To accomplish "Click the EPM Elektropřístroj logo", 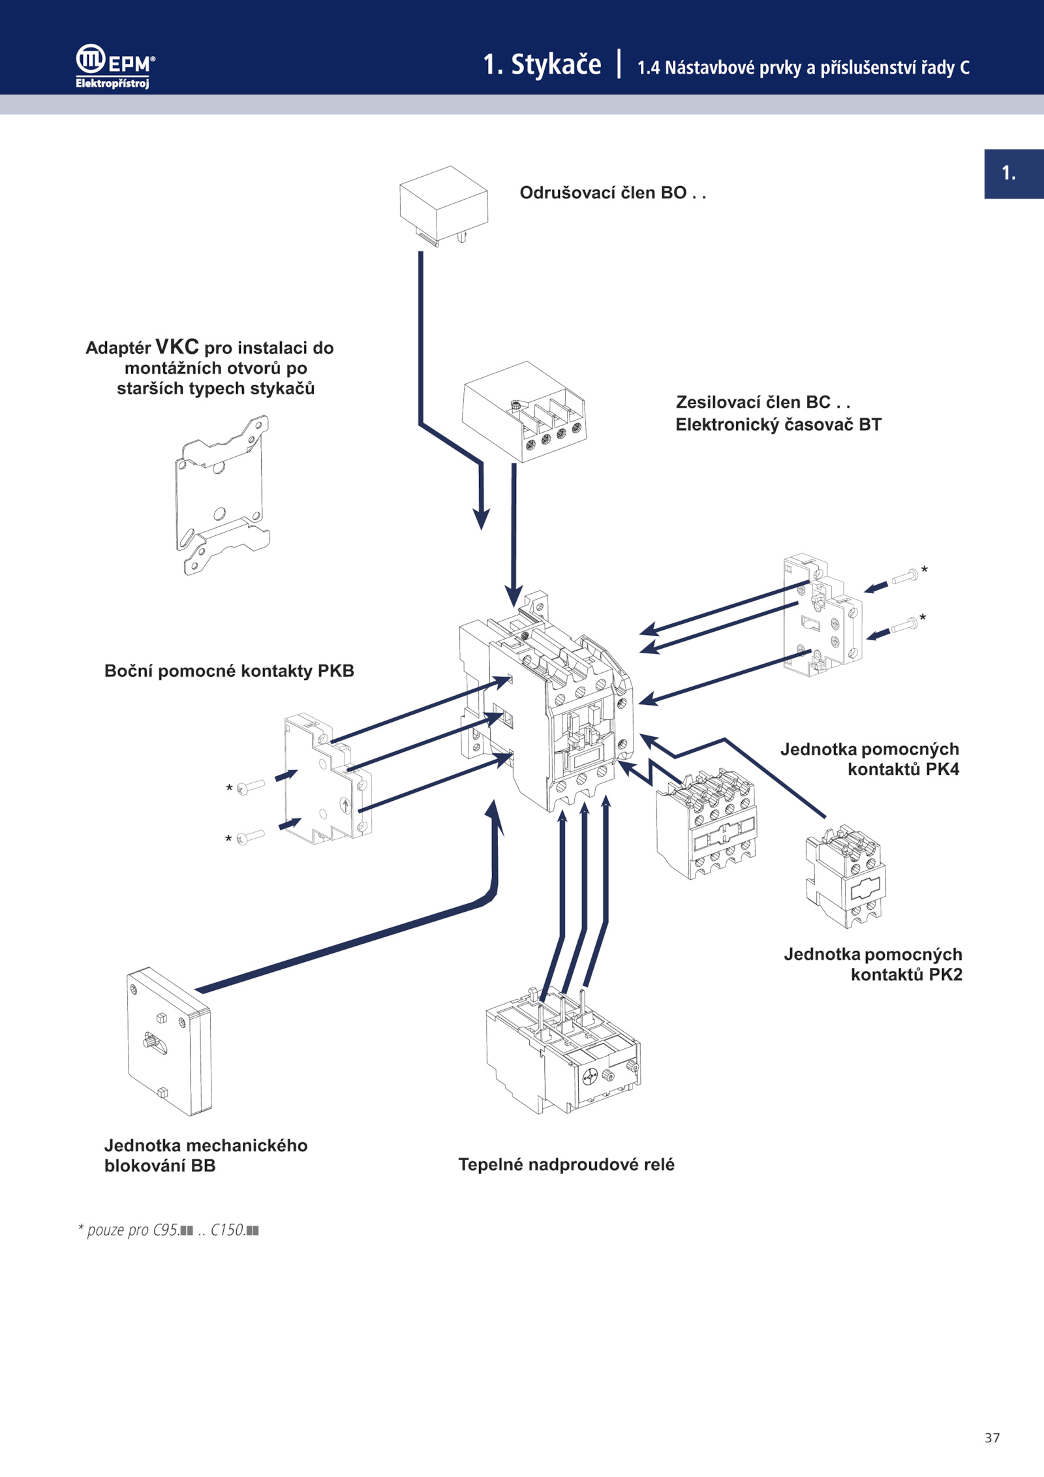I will pyautogui.click(x=115, y=66).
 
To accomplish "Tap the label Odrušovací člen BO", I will pyautogui.click(x=612, y=193).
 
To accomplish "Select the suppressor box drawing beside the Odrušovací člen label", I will pyautogui.click(x=444, y=204).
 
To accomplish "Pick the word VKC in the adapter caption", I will pyautogui.click(x=177, y=347).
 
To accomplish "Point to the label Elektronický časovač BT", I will pyautogui.click(x=778, y=425).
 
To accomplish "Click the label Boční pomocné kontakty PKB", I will pyautogui.click(x=229, y=671).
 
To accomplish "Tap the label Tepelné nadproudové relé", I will pyautogui.click(x=566, y=1164).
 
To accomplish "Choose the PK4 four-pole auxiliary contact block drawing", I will pyautogui.click(x=707, y=825).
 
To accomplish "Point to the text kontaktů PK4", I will pyautogui.click(x=903, y=770).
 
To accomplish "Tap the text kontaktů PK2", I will pyautogui.click(x=906, y=974).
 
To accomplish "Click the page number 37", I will pyautogui.click(x=992, y=1438).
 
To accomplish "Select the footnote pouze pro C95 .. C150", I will pyautogui.click(x=168, y=1230).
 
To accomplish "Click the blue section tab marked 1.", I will pyautogui.click(x=1013, y=174).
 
